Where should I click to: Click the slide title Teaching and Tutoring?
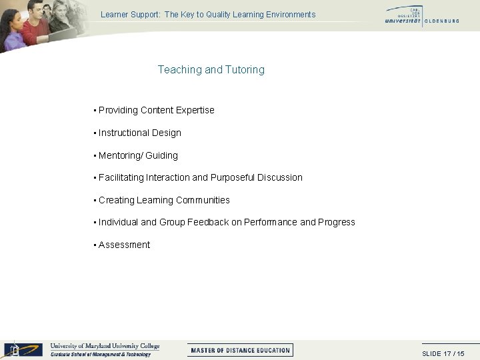click(x=211, y=69)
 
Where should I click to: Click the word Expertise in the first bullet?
click(x=195, y=110)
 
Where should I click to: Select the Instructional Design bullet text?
click(x=140, y=133)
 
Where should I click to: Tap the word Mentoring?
click(x=119, y=155)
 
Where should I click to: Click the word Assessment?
click(x=125, y=245)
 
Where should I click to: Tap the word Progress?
click(x=337, y=222)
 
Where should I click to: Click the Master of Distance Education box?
click(x=240, y=350)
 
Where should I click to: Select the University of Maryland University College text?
click(x=105, y=346)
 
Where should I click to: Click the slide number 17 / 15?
click(x=443, y=353)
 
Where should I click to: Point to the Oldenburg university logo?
click(x=421, y=15)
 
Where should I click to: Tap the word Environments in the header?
click(x=289, y=15)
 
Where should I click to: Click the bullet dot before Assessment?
click(x=95, y=245)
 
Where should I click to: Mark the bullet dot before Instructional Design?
click(x=95, y=133)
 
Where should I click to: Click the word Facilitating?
click(x=121, y=177)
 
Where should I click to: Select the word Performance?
click(x=271, y=222)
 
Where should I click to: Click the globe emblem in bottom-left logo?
click(x=14, y=349)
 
